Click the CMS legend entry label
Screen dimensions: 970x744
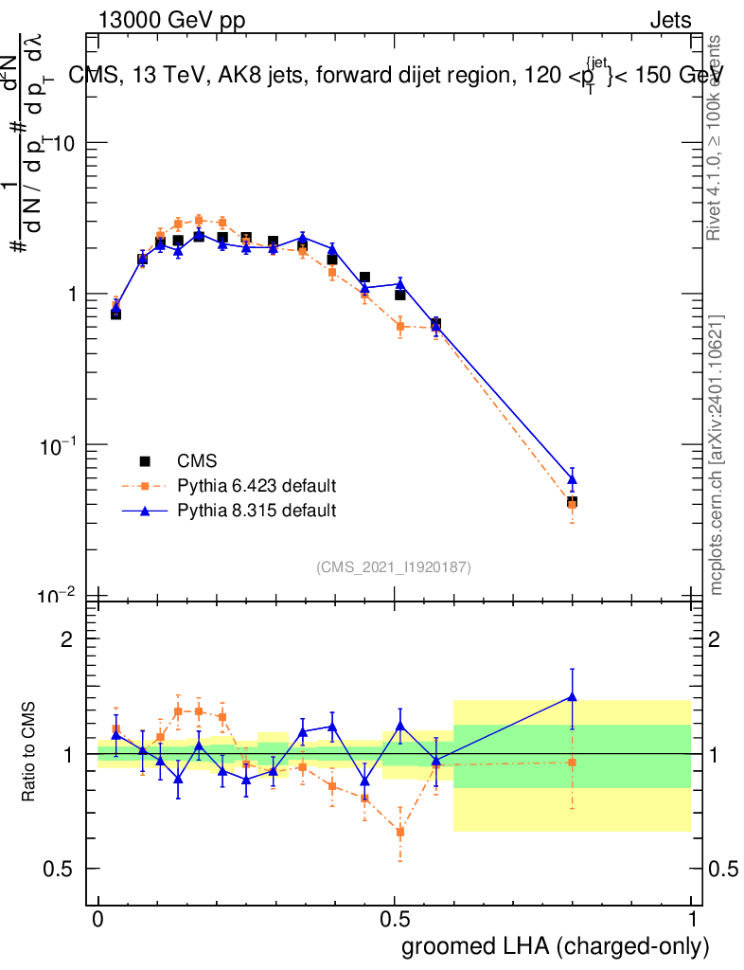point(197,461)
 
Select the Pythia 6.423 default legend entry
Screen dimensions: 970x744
point(257,486)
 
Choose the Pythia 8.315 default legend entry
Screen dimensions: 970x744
point(257,511)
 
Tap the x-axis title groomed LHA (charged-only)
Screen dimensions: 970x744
point(557,945)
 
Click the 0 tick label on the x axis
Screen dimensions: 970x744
point(98,919)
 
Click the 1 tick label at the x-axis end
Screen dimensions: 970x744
point(692,919)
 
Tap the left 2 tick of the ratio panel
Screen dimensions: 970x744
point(66,639)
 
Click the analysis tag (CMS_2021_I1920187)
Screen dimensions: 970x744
point(394,566)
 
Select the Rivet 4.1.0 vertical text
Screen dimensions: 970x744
point(717,137)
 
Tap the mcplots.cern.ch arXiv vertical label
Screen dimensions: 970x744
point(717,455)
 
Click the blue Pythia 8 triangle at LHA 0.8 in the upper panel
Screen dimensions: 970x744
point(572,479)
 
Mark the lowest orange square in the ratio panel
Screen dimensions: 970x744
point(400,832)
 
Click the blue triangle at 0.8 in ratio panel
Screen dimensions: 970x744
point(572,697)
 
